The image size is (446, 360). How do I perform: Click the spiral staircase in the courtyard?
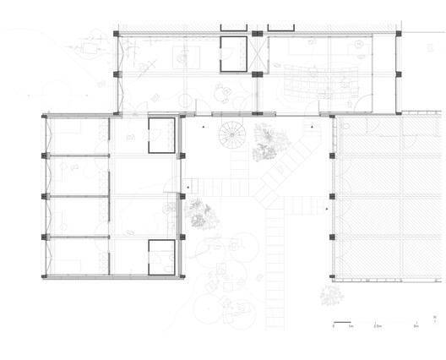coord(229,135)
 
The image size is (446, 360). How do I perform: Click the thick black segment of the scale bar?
coord(341,320)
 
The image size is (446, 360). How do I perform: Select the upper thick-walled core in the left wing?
coord(161,135)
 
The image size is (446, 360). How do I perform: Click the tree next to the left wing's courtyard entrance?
coord(199,215)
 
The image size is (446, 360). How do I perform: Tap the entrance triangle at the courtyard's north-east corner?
coord(312,127)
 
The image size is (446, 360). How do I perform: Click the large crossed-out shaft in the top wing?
coord(258,54)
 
